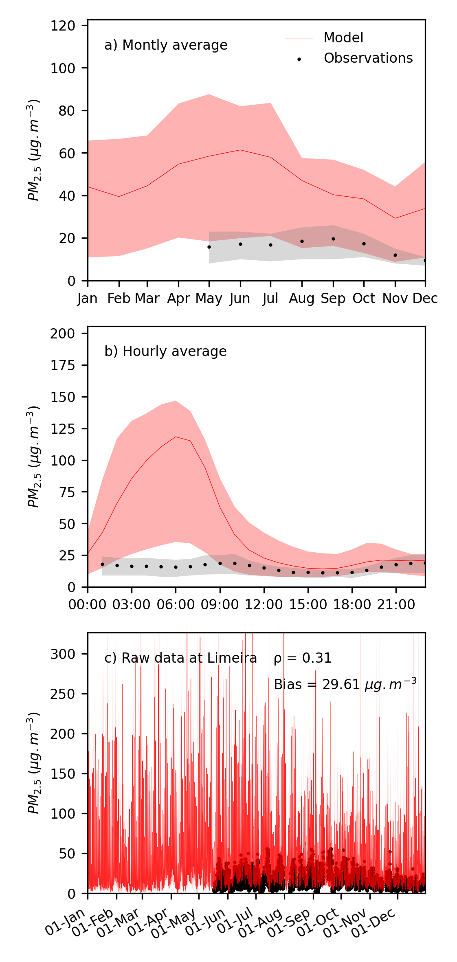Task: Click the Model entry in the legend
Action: coord(343,38)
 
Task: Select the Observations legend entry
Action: coord(368,58)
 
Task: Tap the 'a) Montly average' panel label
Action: coord(166,45)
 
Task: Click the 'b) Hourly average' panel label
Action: coord(165,351)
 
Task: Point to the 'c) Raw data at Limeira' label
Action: coord(180,658)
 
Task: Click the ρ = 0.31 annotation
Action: coord(303,658)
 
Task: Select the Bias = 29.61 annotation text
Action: coord(345,685)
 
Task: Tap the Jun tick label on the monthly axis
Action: coord(240,299)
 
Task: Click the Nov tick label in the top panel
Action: coord(395,299)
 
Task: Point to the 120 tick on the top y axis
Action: coord(63,26)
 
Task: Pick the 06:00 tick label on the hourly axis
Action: coord(176,605)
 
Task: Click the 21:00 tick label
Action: coord(396,605)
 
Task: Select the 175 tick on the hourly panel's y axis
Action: coord(63,365)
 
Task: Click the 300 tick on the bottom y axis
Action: coord(63,654)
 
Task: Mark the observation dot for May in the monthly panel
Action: coord(209,247)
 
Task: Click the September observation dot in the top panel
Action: coord(333,239)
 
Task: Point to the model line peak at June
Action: coord(240,150)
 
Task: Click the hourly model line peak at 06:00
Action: coord(176,437)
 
